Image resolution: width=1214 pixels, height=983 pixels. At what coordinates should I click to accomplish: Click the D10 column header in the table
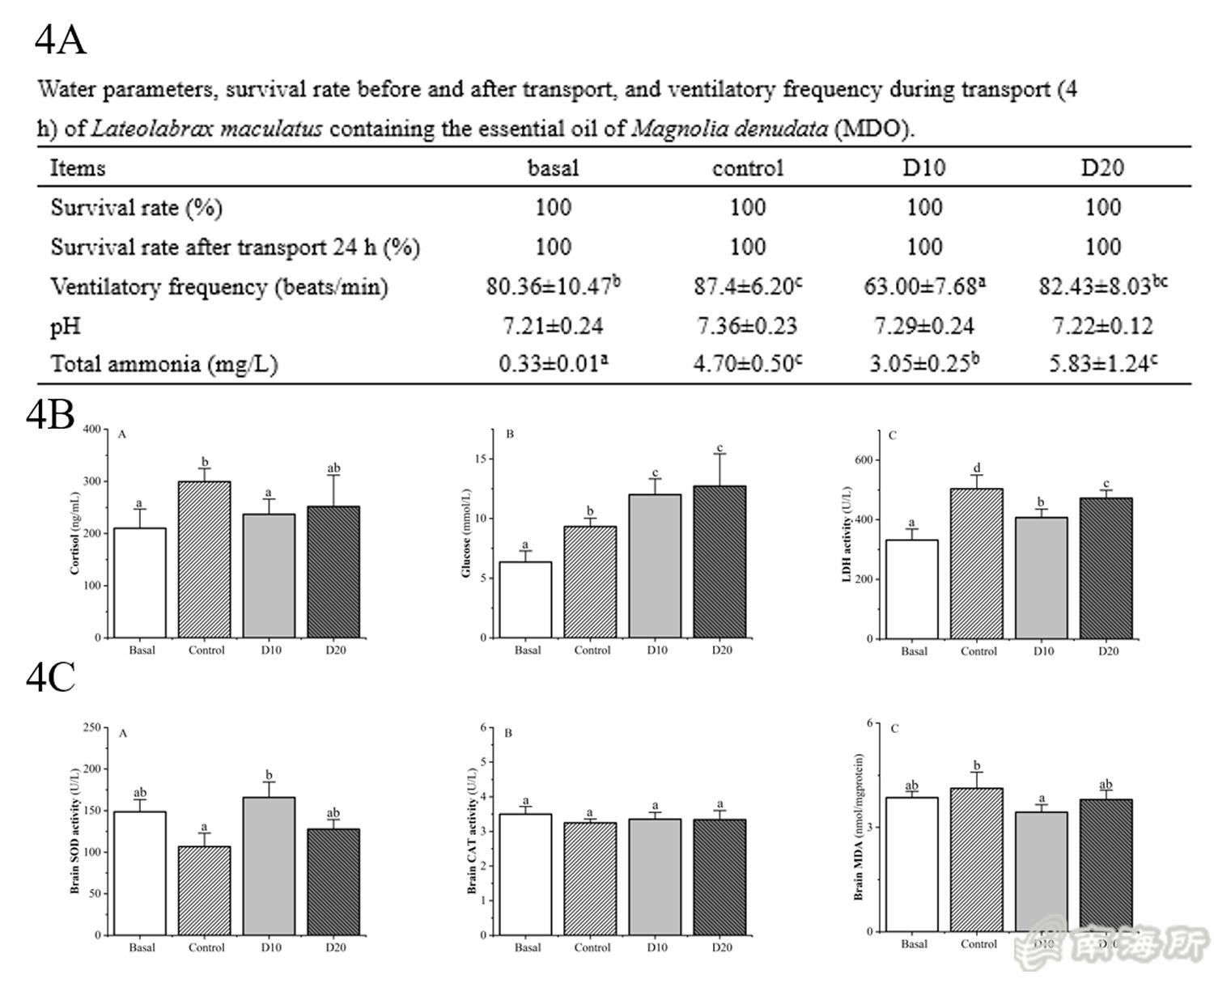pos(923,167)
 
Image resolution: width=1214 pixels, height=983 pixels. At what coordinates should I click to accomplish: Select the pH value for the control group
pos(747,326)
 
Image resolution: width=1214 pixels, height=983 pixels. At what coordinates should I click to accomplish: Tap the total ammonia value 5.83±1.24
pos(1102,364)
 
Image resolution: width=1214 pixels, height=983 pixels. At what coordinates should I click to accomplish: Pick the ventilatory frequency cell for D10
pos(924,286)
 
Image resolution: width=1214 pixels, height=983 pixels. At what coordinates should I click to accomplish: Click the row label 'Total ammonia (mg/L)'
pos(164,364)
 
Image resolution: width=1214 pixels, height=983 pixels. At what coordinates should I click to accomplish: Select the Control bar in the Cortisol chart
pos(204,560)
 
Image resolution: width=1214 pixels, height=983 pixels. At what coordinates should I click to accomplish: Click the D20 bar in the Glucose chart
pos(719,561)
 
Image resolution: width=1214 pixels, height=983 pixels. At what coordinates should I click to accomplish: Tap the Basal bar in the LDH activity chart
pos(912,589)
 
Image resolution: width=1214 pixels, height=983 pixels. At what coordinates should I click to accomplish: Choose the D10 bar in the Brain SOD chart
pos(269,866)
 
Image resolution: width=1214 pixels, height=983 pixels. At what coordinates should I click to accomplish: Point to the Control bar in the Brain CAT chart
pos(590,879)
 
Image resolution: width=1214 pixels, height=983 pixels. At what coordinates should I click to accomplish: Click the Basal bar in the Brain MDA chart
pos(912,864)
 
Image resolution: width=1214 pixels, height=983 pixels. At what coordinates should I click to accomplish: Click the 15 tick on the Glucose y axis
pos(480,459)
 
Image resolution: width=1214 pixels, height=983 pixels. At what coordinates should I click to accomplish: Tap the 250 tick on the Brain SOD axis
pos(91,727)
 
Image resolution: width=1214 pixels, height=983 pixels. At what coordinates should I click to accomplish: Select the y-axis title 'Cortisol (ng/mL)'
pos(74,533)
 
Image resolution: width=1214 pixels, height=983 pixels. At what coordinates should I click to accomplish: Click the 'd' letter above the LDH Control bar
pos(977,468)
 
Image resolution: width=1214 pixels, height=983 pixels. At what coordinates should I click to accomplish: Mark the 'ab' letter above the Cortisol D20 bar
pos(333,468)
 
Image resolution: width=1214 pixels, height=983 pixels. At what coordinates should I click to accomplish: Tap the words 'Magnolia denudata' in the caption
pos(729,129)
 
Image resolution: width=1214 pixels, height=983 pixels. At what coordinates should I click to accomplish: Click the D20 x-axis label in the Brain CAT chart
pos(722,947)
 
